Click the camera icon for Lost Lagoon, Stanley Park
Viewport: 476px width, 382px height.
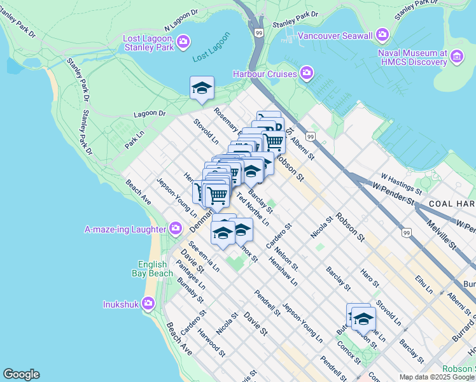183,42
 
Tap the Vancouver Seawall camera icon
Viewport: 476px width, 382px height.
382,34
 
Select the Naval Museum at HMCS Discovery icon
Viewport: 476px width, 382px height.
456,58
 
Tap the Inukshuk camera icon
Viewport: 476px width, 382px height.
148,304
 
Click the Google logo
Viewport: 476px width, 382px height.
20,374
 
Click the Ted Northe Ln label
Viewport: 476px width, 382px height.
253,209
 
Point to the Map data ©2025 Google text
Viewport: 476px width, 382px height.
437,377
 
